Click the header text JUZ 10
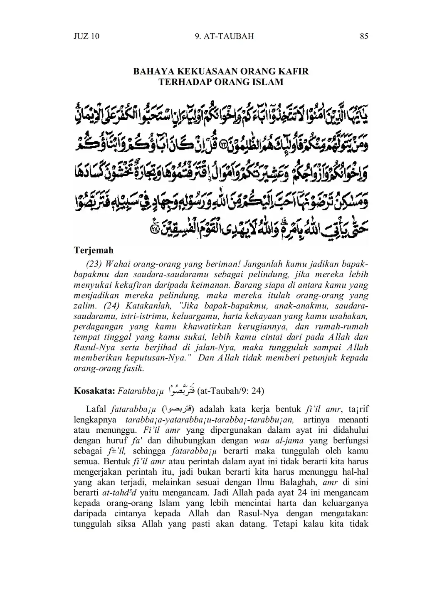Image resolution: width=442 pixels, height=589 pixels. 86,37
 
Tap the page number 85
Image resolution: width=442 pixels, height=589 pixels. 364,37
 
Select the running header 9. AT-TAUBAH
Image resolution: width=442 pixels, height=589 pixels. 224,37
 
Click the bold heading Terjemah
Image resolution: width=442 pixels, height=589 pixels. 93,251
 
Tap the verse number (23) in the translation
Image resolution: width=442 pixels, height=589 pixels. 94,264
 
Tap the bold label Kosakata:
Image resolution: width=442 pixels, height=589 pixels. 94,391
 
